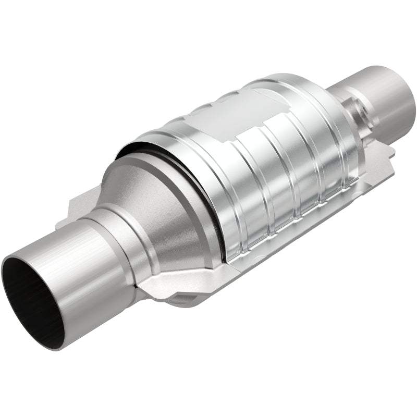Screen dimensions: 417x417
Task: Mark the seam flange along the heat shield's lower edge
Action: click(x=292, y=229)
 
